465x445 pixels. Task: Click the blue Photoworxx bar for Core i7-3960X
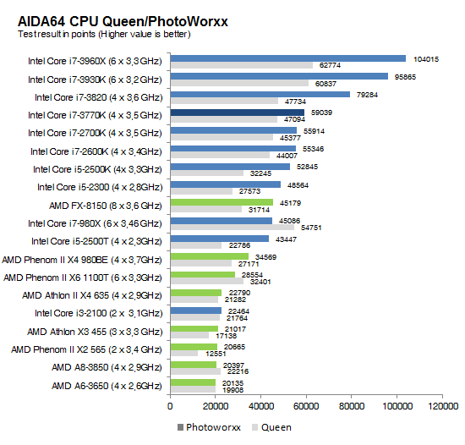point(287,58)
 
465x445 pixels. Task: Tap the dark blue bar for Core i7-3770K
point(237,112)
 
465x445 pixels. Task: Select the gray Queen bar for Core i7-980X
point(232,228)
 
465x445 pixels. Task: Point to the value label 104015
point(425,58)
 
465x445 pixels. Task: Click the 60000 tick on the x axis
point(305,407)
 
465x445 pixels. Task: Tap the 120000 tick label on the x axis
point(439,407)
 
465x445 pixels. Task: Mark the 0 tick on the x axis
point(171,407)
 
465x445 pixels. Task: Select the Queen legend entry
point(272,427)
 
